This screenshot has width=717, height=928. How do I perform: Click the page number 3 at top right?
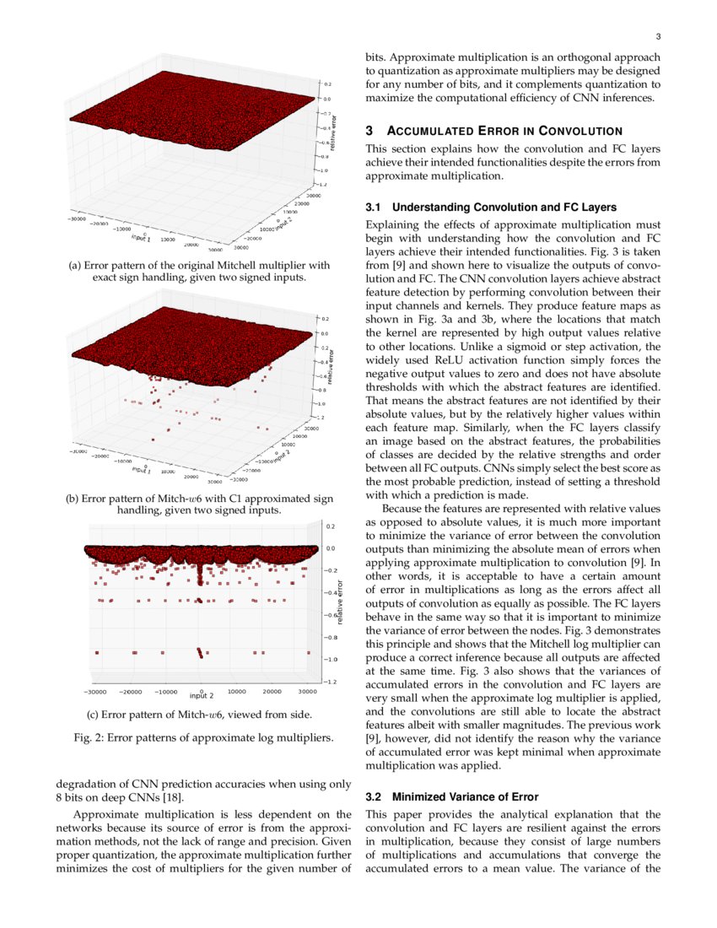[658, 36]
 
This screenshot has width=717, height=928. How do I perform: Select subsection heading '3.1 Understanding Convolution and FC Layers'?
[491, 207]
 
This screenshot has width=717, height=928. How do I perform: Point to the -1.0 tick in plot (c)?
[331, 659]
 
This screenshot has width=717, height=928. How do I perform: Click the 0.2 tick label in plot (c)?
[332, 526]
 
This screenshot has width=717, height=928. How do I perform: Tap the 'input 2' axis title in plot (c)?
[201, 696]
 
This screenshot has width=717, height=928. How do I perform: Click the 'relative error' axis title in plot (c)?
[341, 602]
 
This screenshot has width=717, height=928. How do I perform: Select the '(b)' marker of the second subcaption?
[73, 499]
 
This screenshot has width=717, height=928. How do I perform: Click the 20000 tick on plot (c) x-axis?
[272, 690]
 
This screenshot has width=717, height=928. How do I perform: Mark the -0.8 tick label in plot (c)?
[331, 637]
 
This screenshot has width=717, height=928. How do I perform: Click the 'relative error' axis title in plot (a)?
[334, 136]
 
